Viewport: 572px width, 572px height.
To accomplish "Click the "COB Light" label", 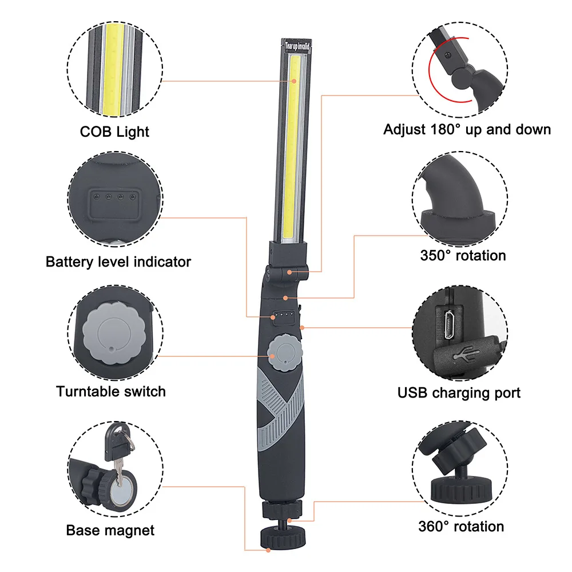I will tap(114, 132).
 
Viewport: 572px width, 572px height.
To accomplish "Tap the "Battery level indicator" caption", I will tap(118, 262).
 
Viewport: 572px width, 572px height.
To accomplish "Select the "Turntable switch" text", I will tap(111, 392).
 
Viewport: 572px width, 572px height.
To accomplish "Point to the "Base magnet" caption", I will tap(110, 530).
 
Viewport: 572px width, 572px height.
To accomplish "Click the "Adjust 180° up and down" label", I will tap(467, 129).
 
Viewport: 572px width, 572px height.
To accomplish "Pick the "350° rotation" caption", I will tap(463, 255).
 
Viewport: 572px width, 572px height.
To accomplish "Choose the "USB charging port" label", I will tap(459, 393).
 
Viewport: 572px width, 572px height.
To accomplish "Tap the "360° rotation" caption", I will tap(461, 526).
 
